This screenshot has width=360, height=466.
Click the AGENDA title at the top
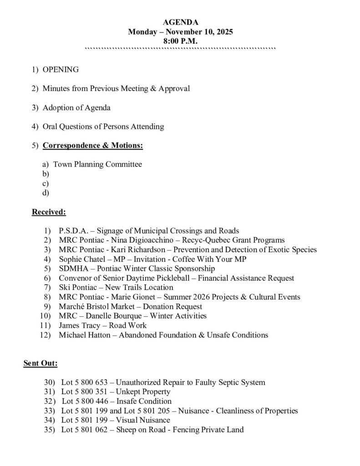(180, 22)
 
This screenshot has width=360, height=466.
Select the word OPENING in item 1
(61, 70)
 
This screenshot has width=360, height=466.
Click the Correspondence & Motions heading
(93, 146)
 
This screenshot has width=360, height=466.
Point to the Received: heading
(49, 212)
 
